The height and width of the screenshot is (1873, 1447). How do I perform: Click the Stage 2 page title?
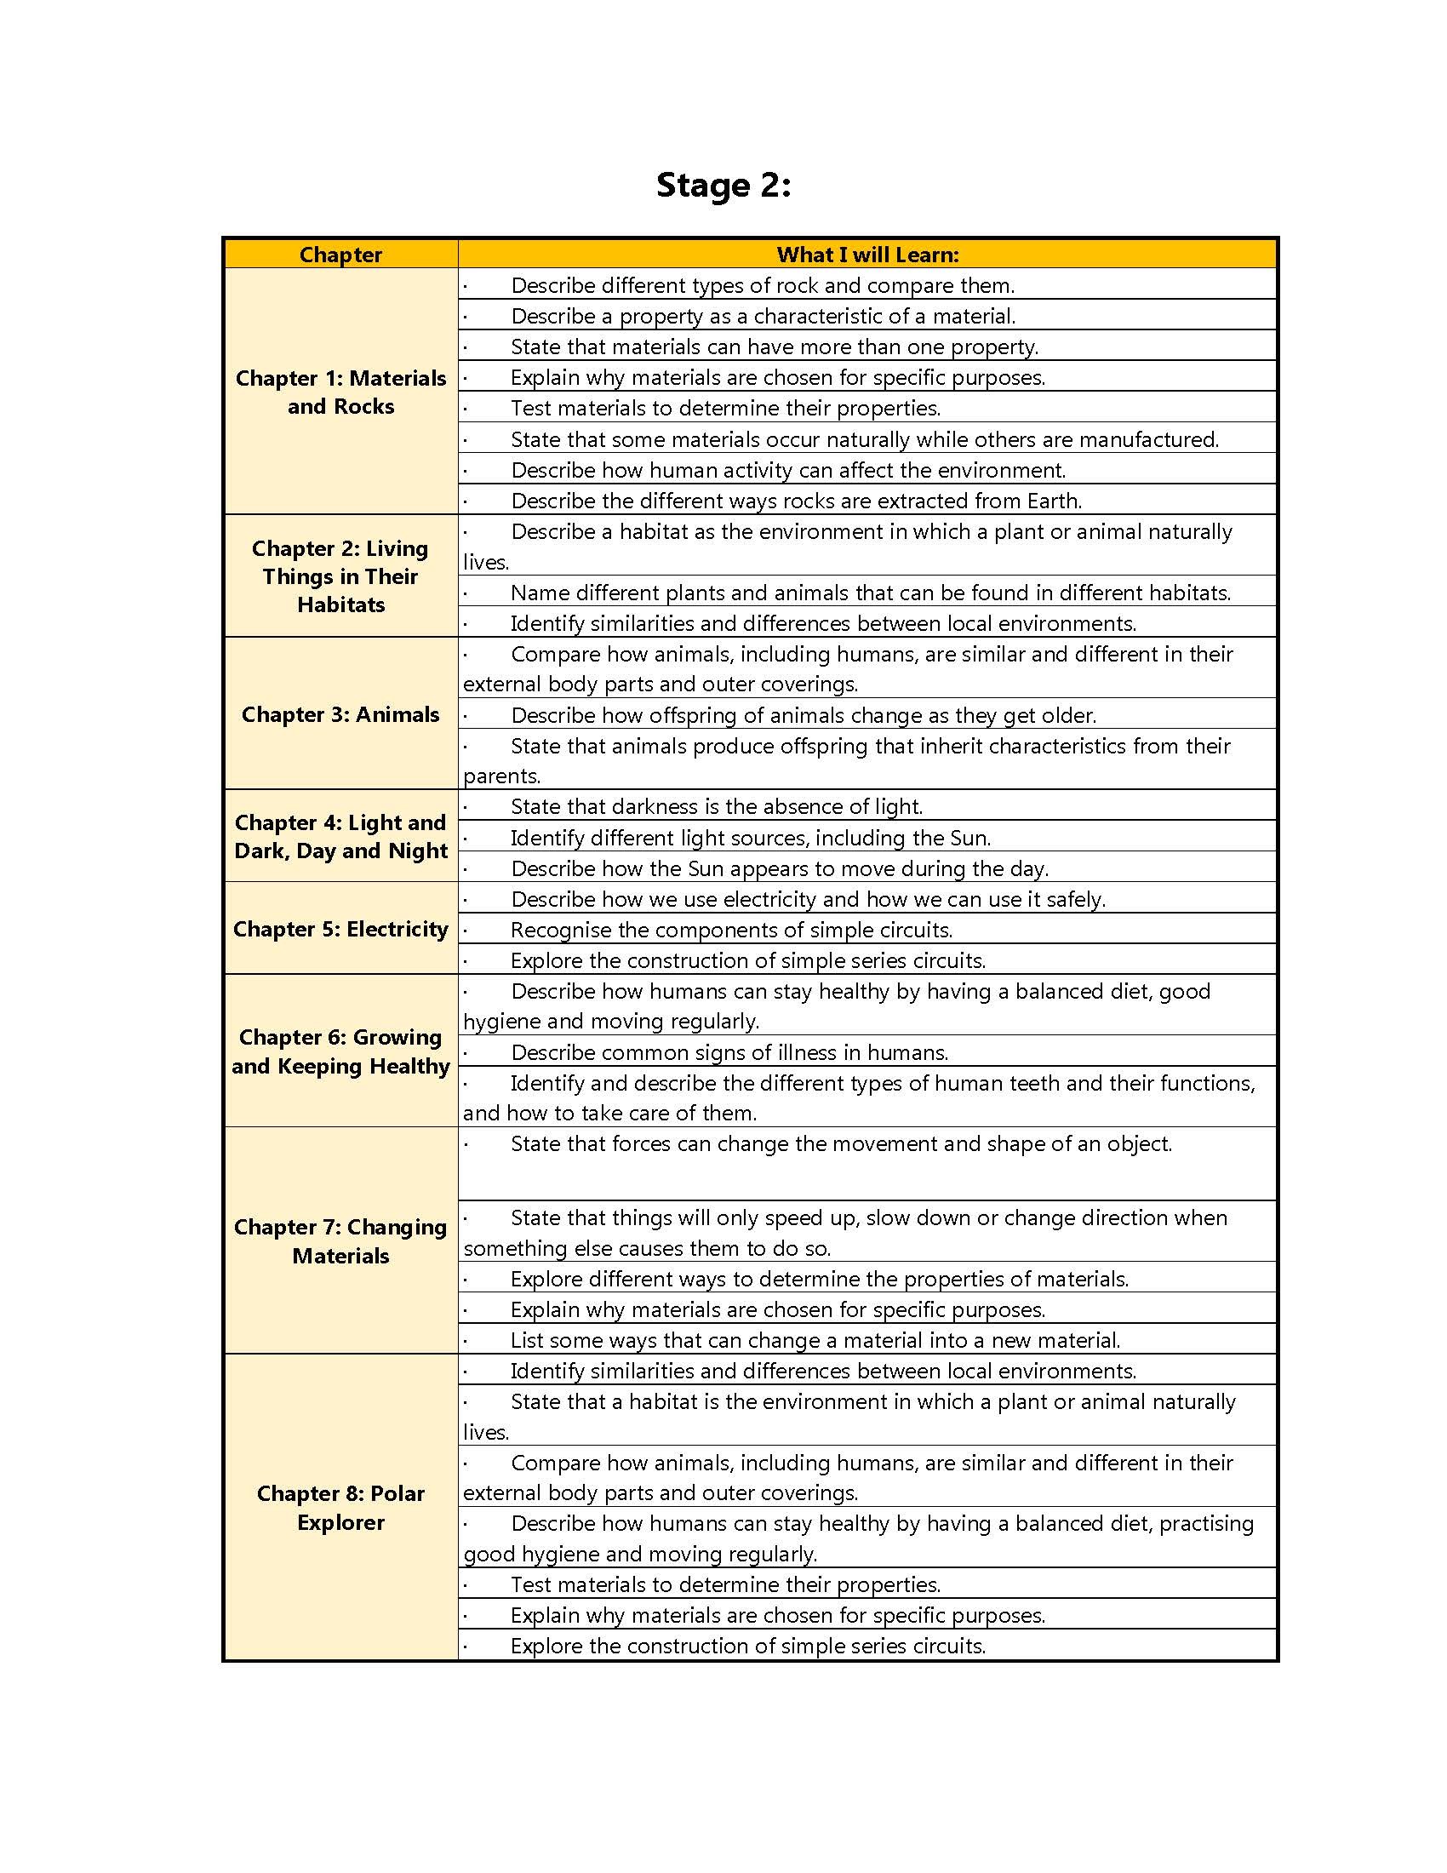[x=723, y=186]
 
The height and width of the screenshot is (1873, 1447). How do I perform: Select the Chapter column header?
[x=340, y=255]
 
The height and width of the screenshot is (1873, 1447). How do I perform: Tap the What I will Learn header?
[x=867, y=255]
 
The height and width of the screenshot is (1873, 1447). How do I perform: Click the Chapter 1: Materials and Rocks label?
[x=340, y=392]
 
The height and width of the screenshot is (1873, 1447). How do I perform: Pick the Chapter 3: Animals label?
[x=340, y=714]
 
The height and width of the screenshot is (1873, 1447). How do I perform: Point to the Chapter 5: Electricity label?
[x=340, y=929]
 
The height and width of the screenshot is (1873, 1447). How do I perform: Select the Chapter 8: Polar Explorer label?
[x=340, y=1507]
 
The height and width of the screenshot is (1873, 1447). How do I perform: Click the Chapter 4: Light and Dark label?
[x=340, y=836]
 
